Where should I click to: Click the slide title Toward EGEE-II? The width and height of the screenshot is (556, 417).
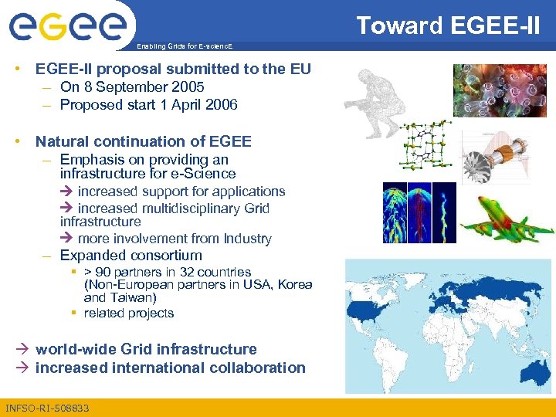click(x=448, y=25)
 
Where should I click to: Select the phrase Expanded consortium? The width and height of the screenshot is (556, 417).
click(x=131, y=256)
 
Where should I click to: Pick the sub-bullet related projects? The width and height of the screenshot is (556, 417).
click(x=129, y=314)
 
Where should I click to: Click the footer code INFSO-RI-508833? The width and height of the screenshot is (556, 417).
click(x=47, y=408)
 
